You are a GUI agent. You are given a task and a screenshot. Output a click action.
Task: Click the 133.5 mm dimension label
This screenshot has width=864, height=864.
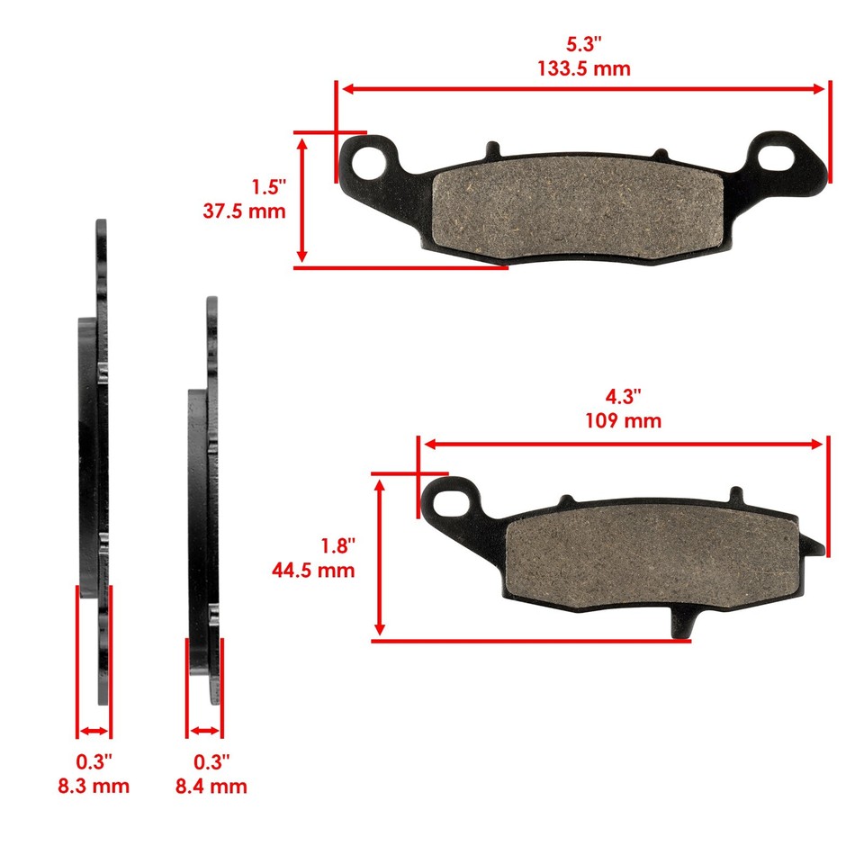click(x=584, y=68)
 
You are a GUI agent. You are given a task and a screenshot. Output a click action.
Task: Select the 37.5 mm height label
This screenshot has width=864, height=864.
click(x=245, y=211)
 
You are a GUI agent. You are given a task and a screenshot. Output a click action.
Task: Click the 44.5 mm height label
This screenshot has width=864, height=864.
click(x=313, y=570)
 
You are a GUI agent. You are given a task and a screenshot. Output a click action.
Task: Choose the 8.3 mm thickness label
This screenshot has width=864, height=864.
click(x=94, y=786)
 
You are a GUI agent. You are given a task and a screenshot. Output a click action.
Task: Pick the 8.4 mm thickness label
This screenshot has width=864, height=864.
click(x=211, y=786)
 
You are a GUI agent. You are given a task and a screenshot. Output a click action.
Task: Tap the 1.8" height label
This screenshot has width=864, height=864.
click(x=338, y=546)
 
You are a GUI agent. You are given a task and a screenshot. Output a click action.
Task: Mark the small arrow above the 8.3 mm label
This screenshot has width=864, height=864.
click(x=94, y=731)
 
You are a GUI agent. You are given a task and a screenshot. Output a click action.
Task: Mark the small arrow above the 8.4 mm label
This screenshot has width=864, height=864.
click(x=204, y=731)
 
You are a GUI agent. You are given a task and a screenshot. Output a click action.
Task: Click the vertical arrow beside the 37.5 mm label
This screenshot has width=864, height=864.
click(x=303, y=200)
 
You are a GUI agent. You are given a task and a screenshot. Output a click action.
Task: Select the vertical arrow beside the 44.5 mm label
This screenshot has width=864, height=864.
click(x=381, y=557)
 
